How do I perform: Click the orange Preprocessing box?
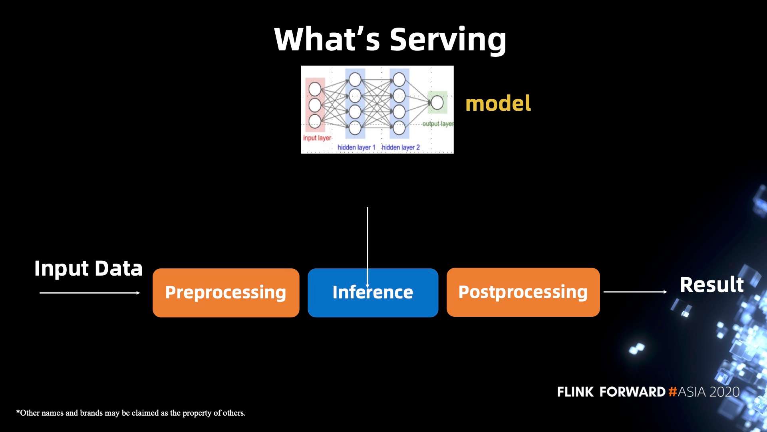(226, 293)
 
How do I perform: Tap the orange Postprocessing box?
(523, 292)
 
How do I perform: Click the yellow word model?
(498, 103)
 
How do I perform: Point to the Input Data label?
(88, 268)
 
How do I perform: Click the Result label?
(711, 285)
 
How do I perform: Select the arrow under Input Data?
(90, 293)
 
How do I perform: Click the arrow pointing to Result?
(635, 292)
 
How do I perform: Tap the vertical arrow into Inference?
(368, 240)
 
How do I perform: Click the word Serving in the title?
(448, 40)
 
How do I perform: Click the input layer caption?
(317, 138)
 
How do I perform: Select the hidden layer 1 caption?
(356, 147)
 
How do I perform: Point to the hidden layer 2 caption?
(401, 147)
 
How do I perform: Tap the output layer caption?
(438, 124)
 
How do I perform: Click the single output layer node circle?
(437, 102)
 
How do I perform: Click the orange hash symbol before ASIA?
(673, 392)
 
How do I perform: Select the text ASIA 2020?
(709, 392)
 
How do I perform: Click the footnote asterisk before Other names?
(18, 412)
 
